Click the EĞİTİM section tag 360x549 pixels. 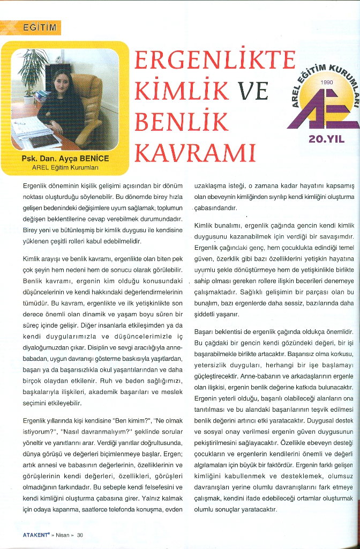(x=39, y=28)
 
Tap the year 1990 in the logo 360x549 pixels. (x=326, y=82)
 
